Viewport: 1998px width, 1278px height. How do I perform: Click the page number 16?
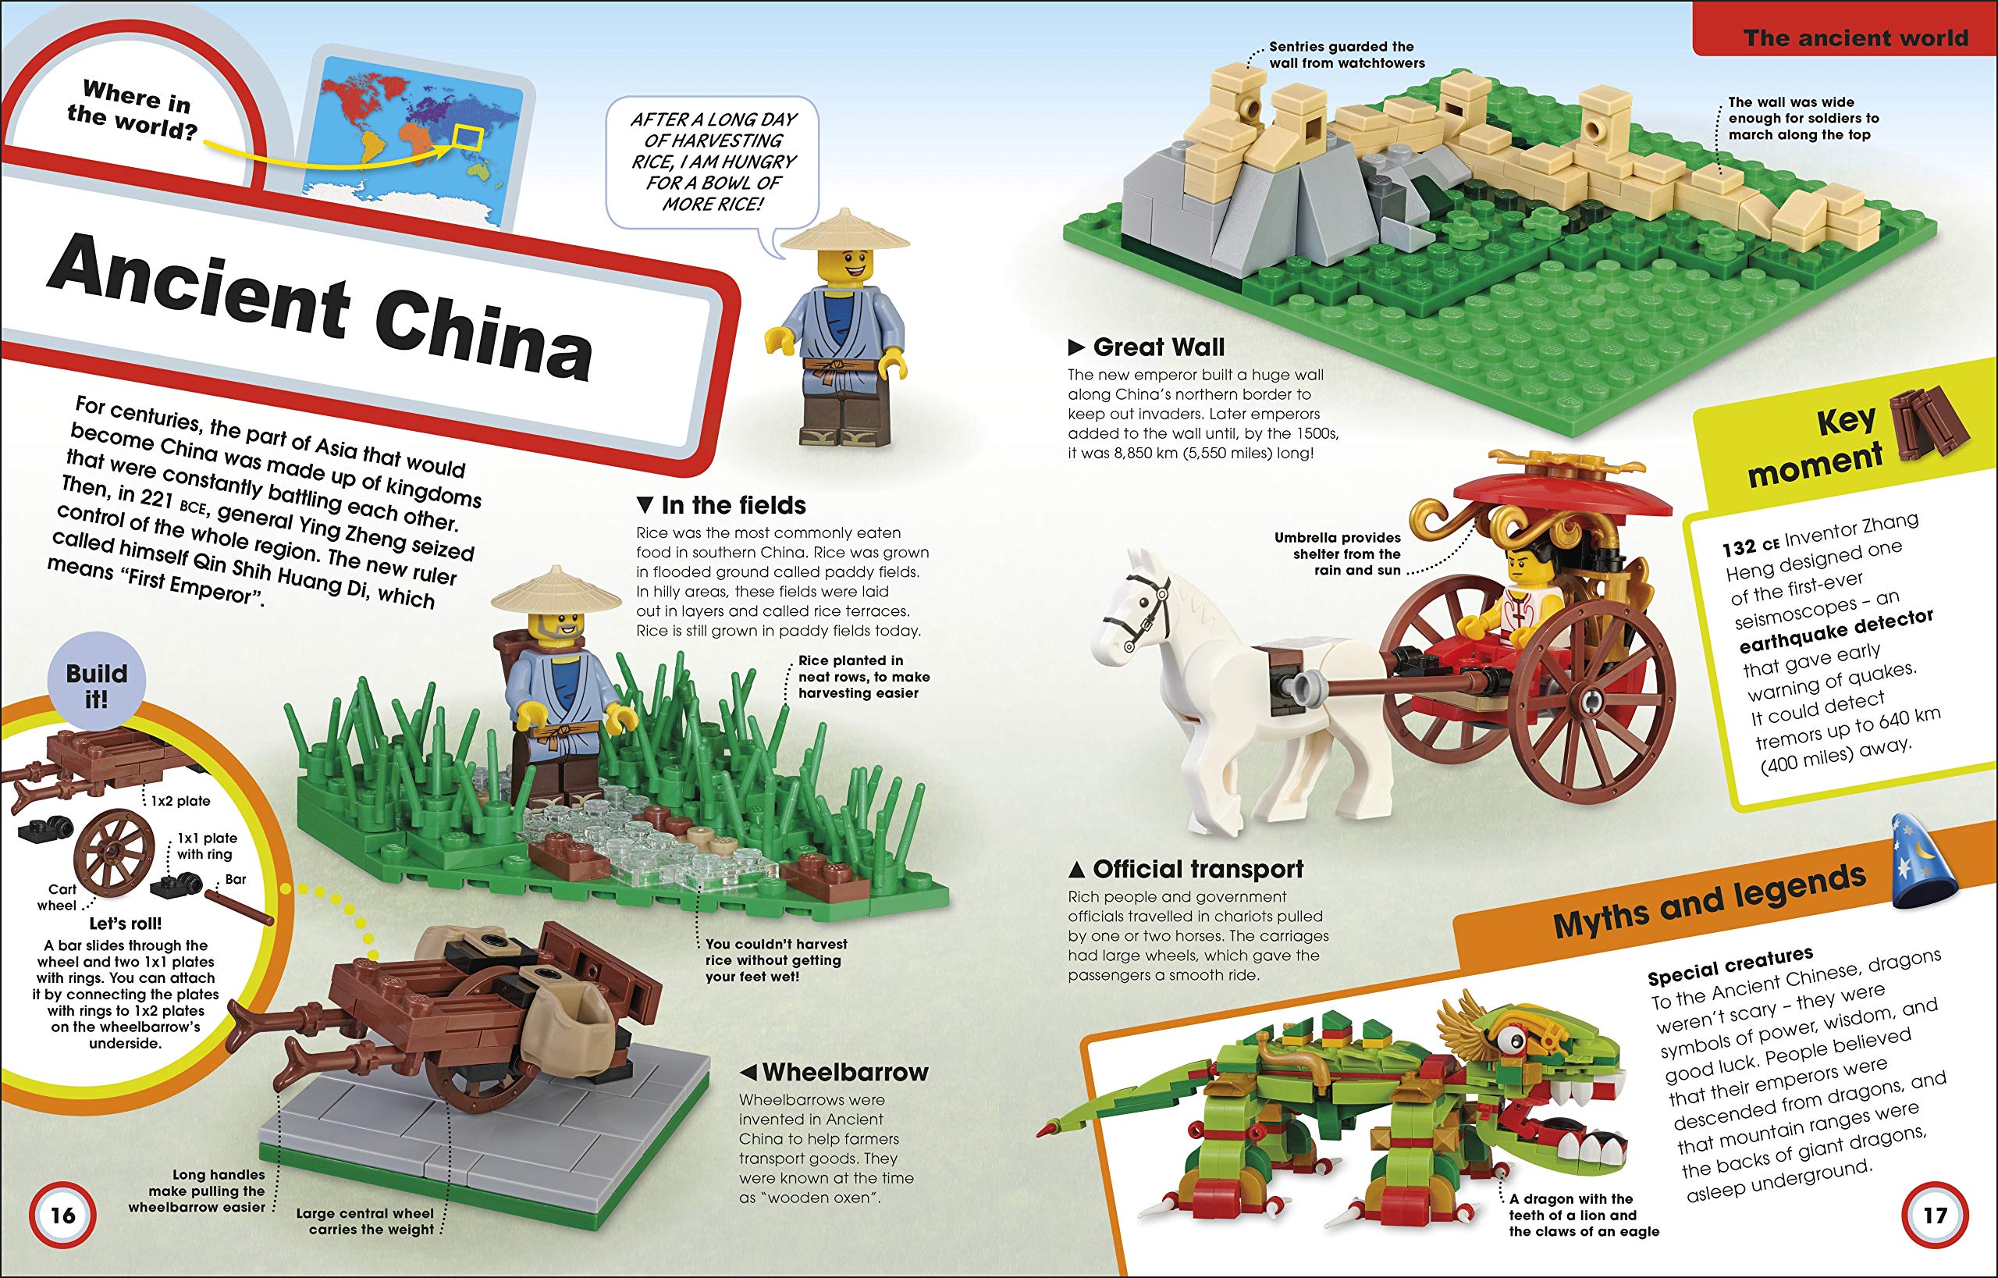[x=63, y=1216]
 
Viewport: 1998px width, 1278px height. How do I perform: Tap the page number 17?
[x=1935, y=1216]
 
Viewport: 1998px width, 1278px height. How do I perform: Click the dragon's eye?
[x=1515, y=1038]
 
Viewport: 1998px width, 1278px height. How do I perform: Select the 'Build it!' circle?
[x=96, y=685]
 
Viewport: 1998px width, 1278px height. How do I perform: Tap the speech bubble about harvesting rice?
[x=712, y=162]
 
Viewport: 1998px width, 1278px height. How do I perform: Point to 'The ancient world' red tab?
[x=1854, y=37]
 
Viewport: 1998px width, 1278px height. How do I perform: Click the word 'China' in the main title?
[x=484, y=340]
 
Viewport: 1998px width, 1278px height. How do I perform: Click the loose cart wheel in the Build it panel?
[x=115, y=853]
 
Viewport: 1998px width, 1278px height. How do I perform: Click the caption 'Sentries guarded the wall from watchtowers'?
[x=1346, y=55]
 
